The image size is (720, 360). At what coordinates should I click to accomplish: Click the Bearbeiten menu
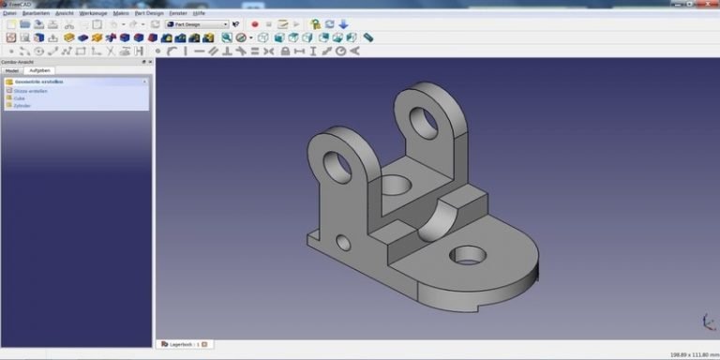point(36,14)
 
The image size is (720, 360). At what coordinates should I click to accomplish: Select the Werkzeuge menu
point(93,14)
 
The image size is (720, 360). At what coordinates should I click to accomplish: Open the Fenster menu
point(177,14)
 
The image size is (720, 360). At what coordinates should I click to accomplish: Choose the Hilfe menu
point(199,14)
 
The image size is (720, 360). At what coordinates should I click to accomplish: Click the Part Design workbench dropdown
point(197,24)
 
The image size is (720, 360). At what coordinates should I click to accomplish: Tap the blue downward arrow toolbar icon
point(343,24)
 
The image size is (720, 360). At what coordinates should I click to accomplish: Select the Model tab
point(11,70)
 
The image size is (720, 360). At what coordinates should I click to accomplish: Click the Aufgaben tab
point(41,70)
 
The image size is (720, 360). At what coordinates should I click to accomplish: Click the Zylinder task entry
point(22,106)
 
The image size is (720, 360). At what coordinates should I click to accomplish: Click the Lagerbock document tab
point(182,344)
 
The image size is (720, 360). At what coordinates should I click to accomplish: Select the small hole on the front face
point(343,244)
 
